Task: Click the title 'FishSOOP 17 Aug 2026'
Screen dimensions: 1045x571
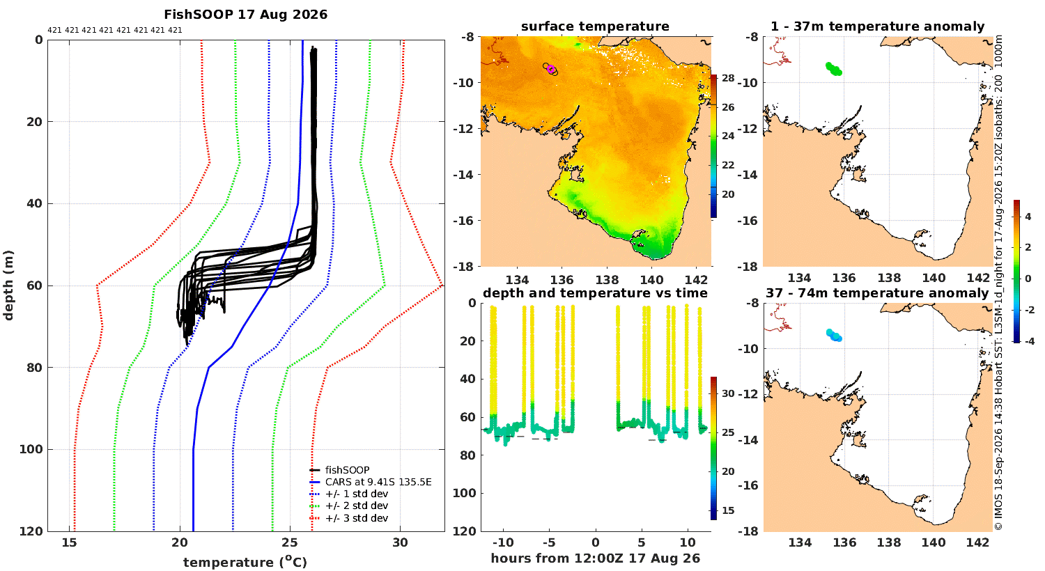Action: [245, 15]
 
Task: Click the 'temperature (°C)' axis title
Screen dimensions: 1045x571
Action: [245, 562]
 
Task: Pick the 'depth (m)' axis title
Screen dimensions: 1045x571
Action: [8, 285]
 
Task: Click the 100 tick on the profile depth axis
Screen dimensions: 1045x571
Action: [31, 449]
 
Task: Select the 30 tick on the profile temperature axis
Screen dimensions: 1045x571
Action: [401, 542]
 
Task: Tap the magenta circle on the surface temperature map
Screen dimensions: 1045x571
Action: [551, 69]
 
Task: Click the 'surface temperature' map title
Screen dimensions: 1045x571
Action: [595, 26]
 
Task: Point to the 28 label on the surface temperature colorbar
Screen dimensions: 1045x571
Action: [728, 78]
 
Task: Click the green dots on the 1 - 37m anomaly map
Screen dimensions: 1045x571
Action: [834, 69]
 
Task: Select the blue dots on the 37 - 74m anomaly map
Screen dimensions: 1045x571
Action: [834, 335]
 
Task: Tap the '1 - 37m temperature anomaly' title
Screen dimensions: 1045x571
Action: [878, 26]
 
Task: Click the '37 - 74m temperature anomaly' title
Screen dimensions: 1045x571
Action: [877, 293]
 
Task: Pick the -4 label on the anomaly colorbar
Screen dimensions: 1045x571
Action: [1028, 341]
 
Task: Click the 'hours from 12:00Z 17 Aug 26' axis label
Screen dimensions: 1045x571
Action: [596, 558]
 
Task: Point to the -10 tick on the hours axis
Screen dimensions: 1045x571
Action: [503, 542]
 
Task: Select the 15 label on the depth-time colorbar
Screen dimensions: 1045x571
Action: [728, 510]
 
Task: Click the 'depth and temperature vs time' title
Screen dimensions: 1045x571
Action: [595, 293]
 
